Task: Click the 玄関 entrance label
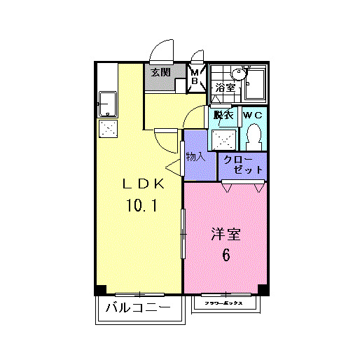tap(160, 72)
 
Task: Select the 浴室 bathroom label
tap(224, 88)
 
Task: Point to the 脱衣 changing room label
tap(223, 116)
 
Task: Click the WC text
tap(253, 116)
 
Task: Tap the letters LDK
tap(144, 184)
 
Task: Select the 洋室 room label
tap(226, 235)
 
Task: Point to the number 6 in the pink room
tap(226, 256)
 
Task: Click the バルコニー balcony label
tap(138, 308)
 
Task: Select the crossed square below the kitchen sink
tap(109, 129)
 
